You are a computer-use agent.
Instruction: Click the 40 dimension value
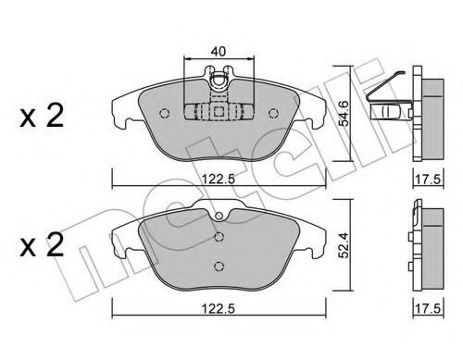coord(219,51)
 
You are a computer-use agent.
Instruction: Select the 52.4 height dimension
coord(344,245)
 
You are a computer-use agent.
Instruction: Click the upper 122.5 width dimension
coord(219,179)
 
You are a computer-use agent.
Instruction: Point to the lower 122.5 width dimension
coord(219,308)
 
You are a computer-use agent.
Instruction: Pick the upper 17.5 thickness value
coord(429,180)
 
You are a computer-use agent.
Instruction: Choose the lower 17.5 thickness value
coord(429,309)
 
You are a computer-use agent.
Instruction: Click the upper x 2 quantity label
coord(42,117)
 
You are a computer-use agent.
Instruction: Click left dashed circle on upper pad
coord(165,114)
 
